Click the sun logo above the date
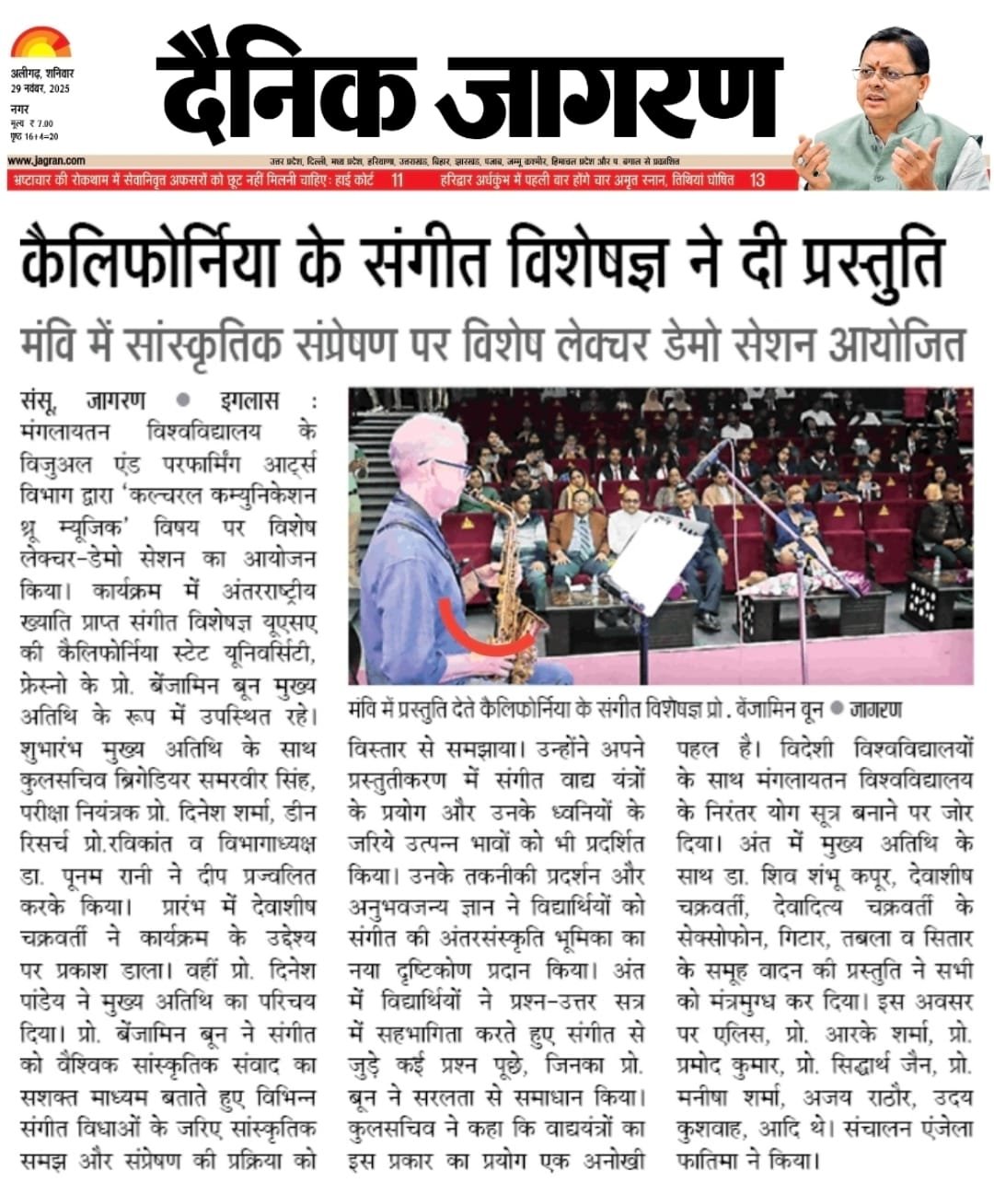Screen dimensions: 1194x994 click(x=40, y=43)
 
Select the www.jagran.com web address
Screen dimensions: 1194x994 click(x=46, y=160)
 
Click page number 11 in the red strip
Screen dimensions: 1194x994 click(x=397, y=180)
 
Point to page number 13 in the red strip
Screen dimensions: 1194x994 click(x=757, y=180)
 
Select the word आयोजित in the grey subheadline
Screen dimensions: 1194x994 click(x=901, y=345)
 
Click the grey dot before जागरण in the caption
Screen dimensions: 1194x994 click(x=837, y=710)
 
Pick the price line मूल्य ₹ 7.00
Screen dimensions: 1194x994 click(x=35, y=122)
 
